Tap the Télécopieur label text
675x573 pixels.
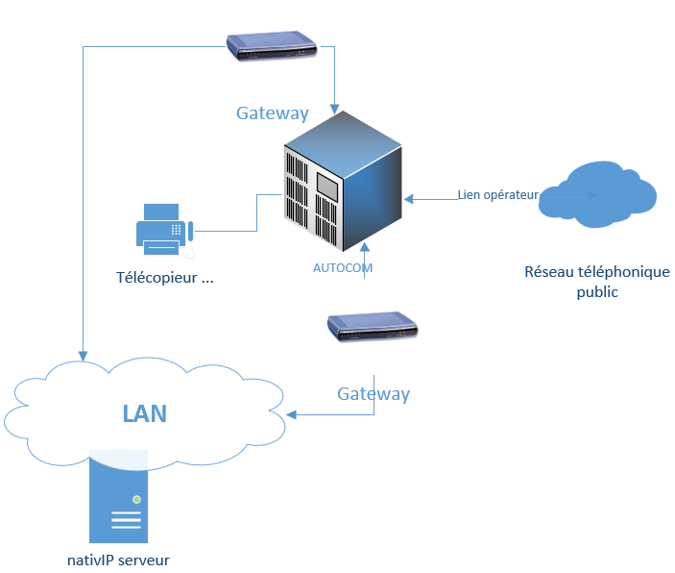coord(164,278)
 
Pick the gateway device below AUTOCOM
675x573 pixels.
coord(374,327)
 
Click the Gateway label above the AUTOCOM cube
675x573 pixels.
coord(273,113)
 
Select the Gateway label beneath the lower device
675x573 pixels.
coord(374,394)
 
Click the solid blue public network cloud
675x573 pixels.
coord(598,195)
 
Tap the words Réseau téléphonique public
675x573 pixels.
coord(596,282)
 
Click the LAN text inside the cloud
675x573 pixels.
coord(144,414)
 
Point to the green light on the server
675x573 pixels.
coord(137,500)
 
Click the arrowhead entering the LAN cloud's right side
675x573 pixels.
coord(291,415)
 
